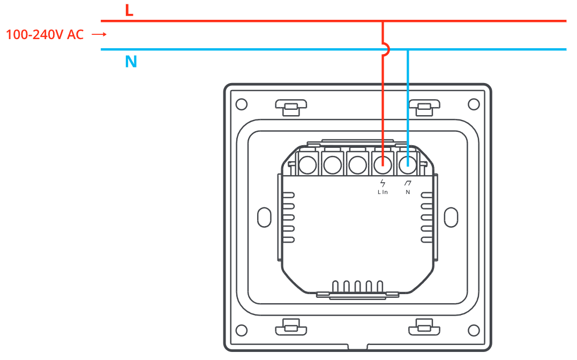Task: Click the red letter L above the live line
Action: tap(129, 10)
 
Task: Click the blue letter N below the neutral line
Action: tap(131, 62)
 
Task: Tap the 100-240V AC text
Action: tap(45, 35)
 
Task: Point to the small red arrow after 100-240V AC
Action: tap(99, 35)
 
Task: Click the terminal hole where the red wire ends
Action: tap(383, 164)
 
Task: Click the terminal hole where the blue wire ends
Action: tap(408, 164)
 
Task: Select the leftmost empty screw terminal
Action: tap(308, 164)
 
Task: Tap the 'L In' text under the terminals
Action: tap(383, 192)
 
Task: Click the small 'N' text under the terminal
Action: tap(408, 192)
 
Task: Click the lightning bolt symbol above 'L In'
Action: tap(383, 183)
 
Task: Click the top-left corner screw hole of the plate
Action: tap(242, 104)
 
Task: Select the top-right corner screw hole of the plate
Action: tap(474, 104)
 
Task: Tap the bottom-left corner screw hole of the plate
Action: tap(242, 330)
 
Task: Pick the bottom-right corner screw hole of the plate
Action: tap(474, 330)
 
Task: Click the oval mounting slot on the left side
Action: tap(264, 217)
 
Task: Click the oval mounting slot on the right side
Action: tap(451, 217)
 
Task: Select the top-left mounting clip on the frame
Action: tap(291, 108)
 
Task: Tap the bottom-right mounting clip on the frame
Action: tap(424, 327)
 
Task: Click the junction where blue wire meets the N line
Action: tap(408, 49)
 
